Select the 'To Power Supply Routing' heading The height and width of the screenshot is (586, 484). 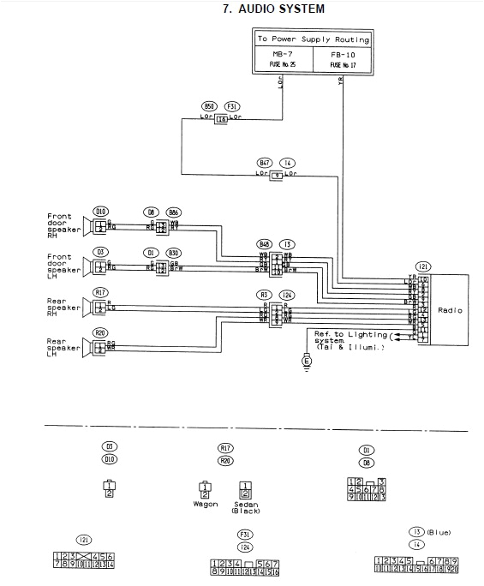click(x=314, y=39)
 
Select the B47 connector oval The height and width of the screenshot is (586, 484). click(x=265, y=161)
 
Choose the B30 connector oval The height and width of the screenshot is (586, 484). click(x=173, y=253)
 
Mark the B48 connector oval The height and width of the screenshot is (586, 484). click(x=265, y=244)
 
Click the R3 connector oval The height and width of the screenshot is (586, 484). click(x=265, y=295)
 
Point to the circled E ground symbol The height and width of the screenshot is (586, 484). click(x=307, y=362)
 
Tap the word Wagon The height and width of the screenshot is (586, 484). click(x=205, y=504)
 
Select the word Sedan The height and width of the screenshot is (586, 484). click(x=245, y=504)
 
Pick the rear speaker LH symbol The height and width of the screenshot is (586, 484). click(x=91, y=345)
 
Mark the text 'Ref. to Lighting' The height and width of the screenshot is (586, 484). click(x=341, y=332)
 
